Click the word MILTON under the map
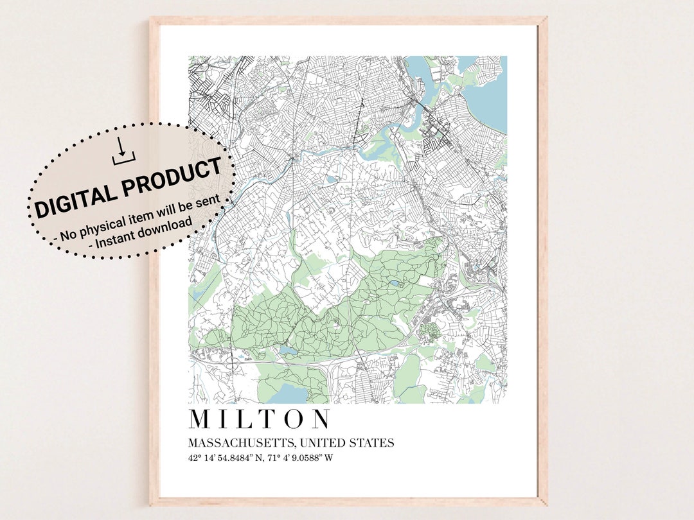(x=260, y=419)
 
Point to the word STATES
(x=373, y=443)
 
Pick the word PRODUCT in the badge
(x=173, y=175)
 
